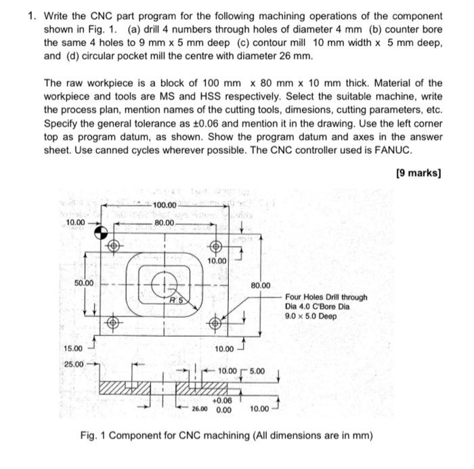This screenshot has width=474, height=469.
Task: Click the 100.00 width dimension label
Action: click(165, 205)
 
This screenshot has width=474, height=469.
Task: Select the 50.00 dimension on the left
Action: click(85, 283)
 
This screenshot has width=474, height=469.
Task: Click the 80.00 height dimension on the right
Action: click(261, 285)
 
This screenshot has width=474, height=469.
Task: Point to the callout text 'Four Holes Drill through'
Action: click(326, 297)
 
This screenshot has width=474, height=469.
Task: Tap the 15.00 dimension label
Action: click(72, 348)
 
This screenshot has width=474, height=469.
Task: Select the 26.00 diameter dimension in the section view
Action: click(199, 410)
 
